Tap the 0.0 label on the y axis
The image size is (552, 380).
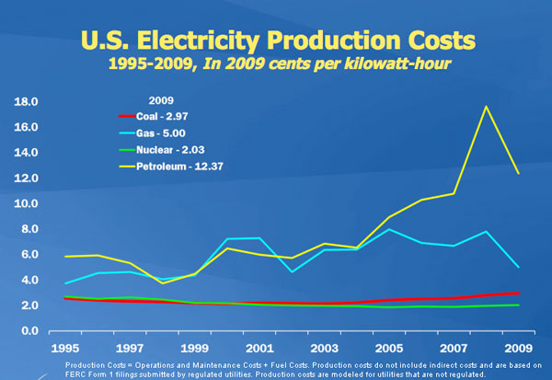pyautogui.click(x=27, y=331)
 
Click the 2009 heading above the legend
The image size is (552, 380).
pyautogui.click(x=161, y=98)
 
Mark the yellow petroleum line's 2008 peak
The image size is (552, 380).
pyautogui.click(x=486, y=107)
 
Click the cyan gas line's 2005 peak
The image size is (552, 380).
pyautogui.click(x=390, y=229)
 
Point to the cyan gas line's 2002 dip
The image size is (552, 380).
pyautogui.click(x=293, y=271)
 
